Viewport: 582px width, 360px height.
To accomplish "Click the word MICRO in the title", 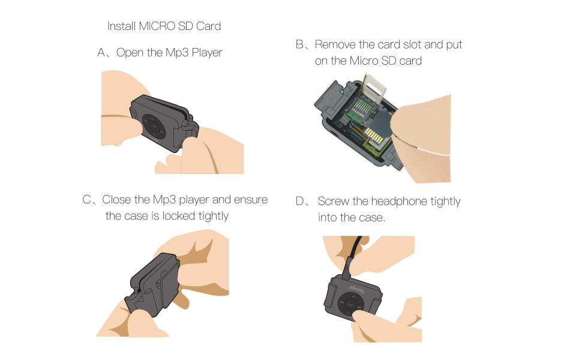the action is coord(157,26).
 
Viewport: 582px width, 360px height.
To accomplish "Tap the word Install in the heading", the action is coord(122,26).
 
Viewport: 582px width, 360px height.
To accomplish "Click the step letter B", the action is coord(300,45).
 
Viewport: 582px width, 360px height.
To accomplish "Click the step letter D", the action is coord(300,202).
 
